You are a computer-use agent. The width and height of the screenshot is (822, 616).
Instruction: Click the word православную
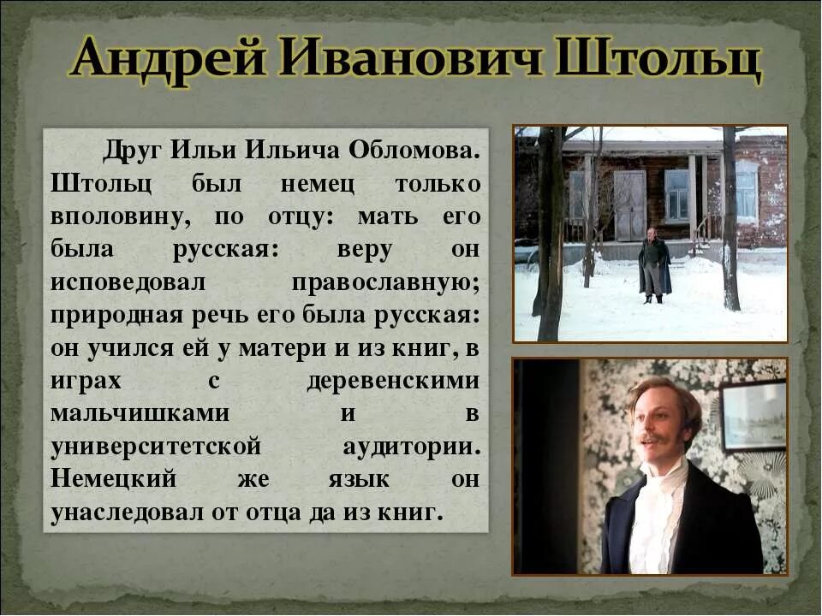(x=386, y=281)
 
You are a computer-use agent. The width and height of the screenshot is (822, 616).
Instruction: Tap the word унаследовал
(x=136, y=511)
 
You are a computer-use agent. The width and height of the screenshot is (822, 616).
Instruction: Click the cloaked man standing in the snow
(x=654, y=264)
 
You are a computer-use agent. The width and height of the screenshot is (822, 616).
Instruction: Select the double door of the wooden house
(x=630, y=205)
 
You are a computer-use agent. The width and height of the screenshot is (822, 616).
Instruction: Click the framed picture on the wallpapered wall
(x=753, y=416)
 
